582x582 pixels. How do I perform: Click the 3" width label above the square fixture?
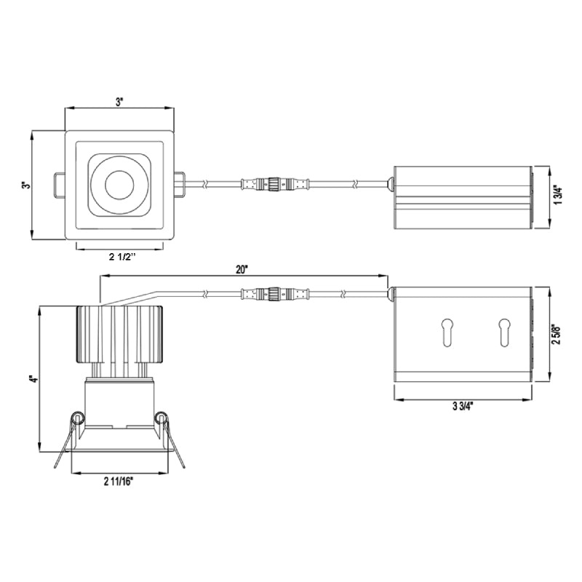click(119, 102)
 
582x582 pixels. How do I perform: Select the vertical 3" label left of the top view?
click(27, 186)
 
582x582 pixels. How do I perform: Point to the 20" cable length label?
click(242, 269)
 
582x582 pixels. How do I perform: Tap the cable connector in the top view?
click(274, 183)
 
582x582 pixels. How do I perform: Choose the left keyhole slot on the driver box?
click(446, 331)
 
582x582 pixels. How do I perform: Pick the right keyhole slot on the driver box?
click(503, 331)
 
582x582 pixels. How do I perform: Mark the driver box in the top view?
click(462, 197)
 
